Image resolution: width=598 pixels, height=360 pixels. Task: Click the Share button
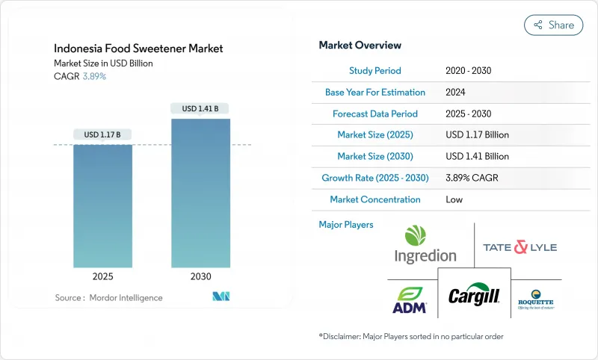pos(553,25)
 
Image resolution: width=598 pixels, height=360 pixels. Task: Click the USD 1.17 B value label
pos(102,134)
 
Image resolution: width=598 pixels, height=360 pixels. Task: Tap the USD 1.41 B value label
pos(200,108)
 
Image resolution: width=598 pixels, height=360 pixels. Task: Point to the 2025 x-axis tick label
pos(102,276)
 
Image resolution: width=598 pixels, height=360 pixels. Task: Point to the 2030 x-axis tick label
pos(200,276)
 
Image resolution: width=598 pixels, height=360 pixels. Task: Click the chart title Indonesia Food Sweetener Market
pos(138,49)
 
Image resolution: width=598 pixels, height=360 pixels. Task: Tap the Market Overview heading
pos(360,46)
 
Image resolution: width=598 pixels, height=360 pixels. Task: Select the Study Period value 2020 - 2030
pos(468,71)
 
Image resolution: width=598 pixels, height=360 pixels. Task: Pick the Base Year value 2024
pos(456,93)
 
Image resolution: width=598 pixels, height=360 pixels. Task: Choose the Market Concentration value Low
pos(454,199)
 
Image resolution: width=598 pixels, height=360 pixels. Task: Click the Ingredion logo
pos(425,245)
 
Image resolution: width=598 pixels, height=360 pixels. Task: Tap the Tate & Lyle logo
pos(520,247)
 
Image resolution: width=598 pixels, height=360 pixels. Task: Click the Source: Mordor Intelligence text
pos(108,298)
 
